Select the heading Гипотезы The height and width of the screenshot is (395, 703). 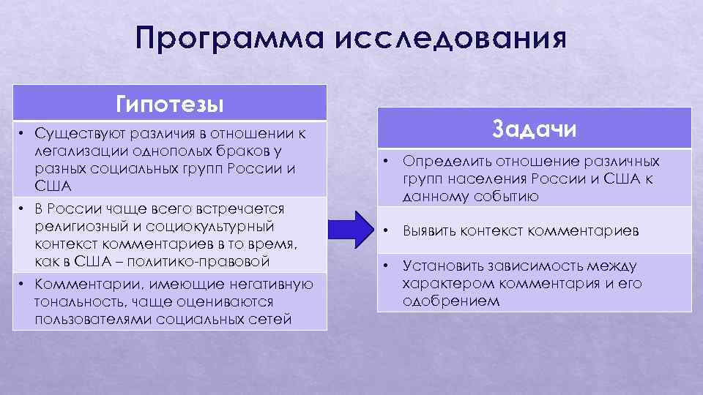pyautogui.click(x=169, y=103)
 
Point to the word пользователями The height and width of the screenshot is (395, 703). pyautogui.click(x=86, y=318)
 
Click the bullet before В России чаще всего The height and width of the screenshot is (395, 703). pyautogui.click(x=22, y=209)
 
